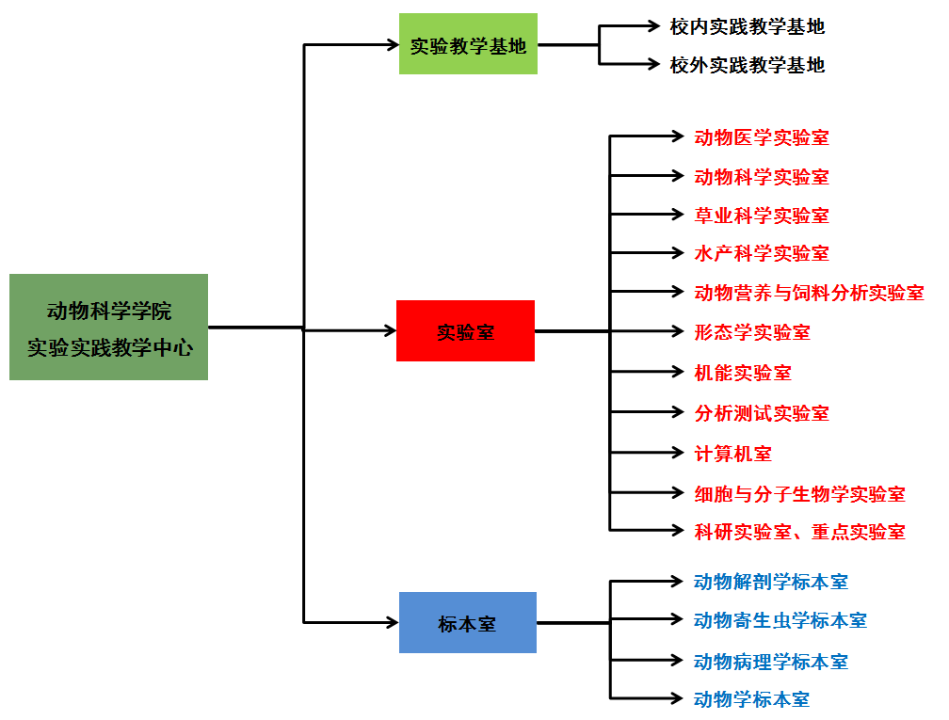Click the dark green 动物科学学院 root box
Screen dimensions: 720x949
(108, 327)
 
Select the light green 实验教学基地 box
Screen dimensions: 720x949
(468, 44)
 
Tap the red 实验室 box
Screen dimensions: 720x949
(465, 331)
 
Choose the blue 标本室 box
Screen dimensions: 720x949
(467, 623)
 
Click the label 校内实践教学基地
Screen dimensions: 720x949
(748, 26)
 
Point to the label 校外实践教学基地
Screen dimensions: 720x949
(748, 65)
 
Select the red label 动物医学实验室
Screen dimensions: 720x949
(762, 137)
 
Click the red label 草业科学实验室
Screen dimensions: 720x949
(762, 216)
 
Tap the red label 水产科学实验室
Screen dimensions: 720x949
(762, 253)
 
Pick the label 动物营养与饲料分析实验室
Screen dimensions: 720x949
(809, 293)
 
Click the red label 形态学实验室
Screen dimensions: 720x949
(752, 332)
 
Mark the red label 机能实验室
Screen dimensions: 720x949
(743, 373)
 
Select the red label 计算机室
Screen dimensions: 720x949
(732, 454)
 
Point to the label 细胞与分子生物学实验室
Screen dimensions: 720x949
(799, 493)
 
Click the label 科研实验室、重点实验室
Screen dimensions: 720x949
(799, 532)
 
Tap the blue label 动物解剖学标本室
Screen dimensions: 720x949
(770, 582)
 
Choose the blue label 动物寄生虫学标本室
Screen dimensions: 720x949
(780, 620)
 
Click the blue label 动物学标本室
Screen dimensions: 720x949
(751, 699)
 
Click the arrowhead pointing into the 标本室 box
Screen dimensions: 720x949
(393, 622)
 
